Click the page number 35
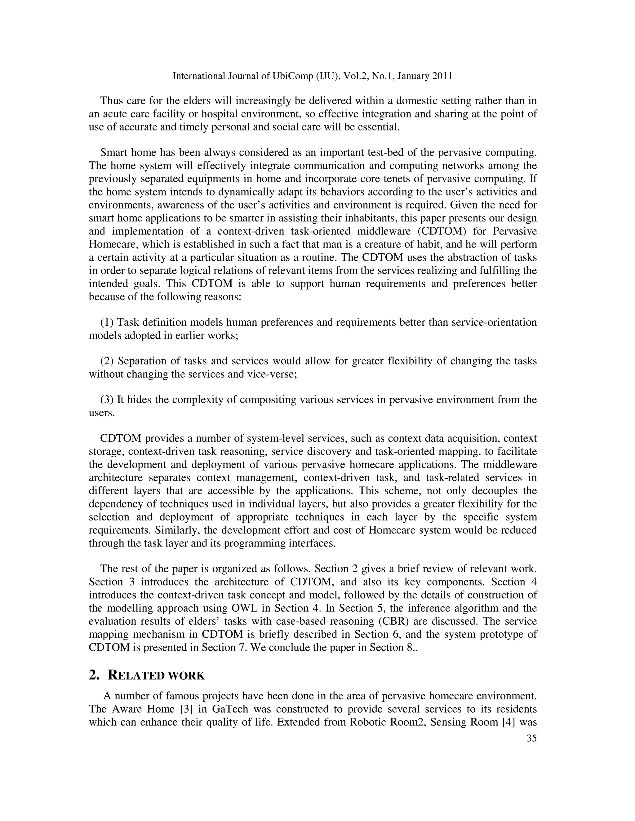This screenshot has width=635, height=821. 531,738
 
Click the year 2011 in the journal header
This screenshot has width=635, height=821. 442,76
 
